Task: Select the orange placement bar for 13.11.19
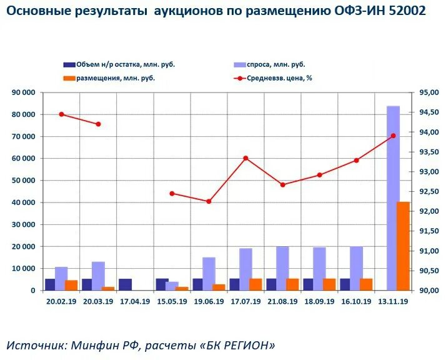point(404,246)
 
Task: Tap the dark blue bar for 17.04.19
point(125,284)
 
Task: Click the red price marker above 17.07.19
point(245,158)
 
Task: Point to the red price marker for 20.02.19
point(61,114)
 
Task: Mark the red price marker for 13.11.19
point(393,136)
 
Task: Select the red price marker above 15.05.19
point(172,194)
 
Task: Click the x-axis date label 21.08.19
point(282,301)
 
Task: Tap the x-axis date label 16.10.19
point(356,301)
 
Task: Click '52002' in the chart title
point(405,11)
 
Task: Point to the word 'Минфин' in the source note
point(94,345)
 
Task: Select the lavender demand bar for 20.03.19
point(98,276)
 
